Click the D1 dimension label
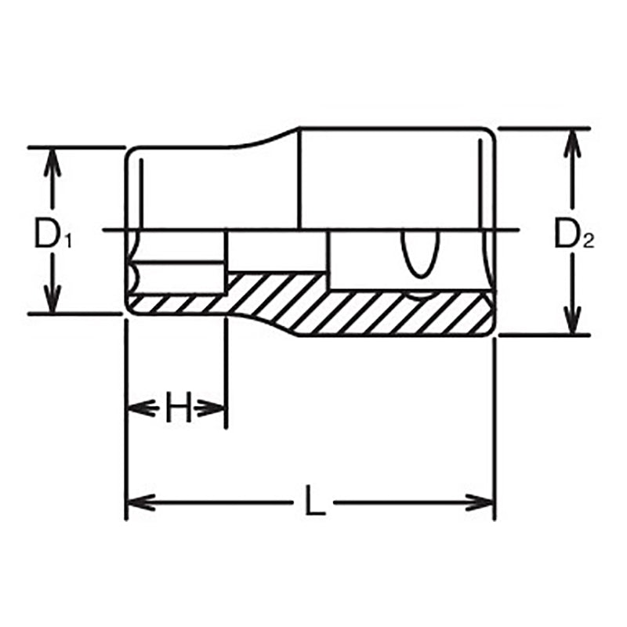(x=53, y=234)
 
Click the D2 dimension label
(x=574, y=234)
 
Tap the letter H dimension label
(x=178, y=408)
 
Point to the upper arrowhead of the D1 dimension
(x=52, y=158)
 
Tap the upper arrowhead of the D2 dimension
(x=574, y=139)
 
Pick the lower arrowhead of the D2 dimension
(x=574, y=324)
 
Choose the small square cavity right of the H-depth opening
(x=276, y=251)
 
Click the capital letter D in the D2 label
(x=566, y=233)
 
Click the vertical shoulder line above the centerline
(x=300, y=179)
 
